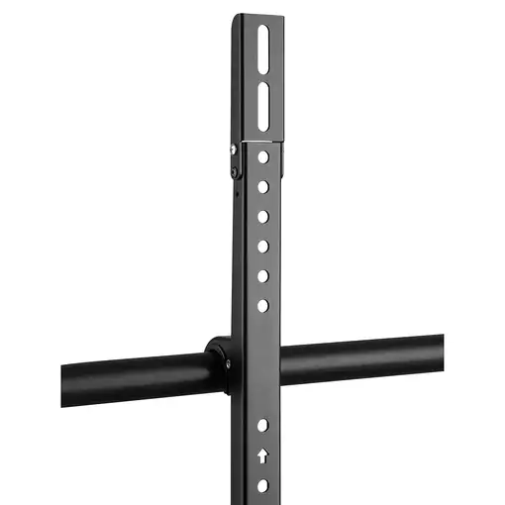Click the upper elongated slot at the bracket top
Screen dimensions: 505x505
(262, 46)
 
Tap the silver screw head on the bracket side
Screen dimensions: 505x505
(233, 149)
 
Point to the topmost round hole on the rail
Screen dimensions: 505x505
(262, 156)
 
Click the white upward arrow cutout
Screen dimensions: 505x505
(262, 456)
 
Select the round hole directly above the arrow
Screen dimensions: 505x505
(262, 426)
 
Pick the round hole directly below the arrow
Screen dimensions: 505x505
(262, 485)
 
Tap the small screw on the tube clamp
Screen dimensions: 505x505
(228, 363)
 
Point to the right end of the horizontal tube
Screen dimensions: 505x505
(439, 351)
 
